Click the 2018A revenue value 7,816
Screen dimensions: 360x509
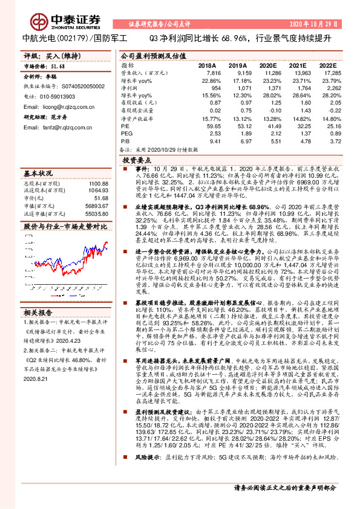pos(206,72)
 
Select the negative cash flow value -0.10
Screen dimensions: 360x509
pos(275,110)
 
